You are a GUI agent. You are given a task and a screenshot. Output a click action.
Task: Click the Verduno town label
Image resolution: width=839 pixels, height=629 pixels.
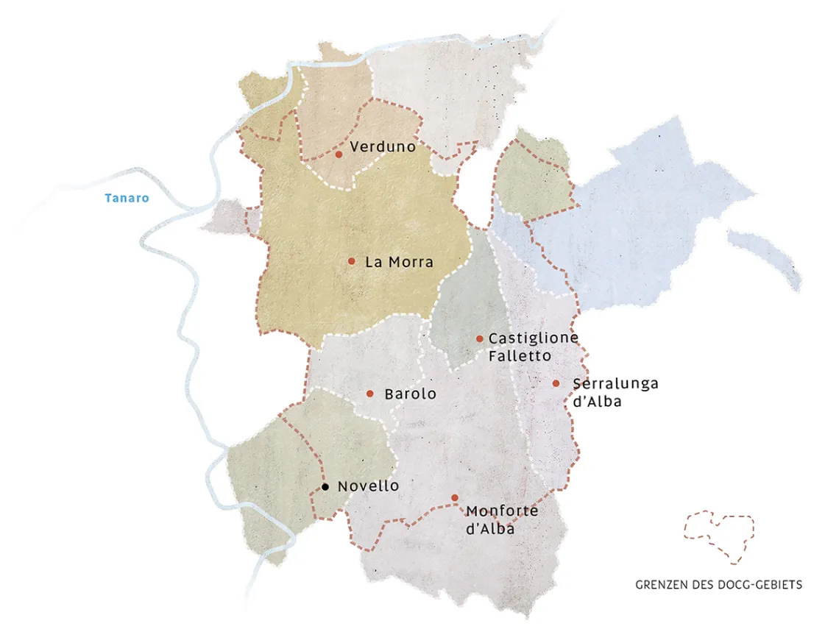click(383, 147)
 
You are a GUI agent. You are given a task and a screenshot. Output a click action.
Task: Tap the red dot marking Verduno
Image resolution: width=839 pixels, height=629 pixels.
click(339, 154)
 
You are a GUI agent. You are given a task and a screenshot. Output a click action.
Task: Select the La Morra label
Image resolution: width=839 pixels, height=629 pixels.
click(399, 262)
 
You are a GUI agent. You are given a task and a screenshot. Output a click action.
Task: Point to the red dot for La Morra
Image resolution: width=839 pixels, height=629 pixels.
click(352, 261)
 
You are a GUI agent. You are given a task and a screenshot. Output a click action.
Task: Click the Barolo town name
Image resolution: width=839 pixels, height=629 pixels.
click(410, 394)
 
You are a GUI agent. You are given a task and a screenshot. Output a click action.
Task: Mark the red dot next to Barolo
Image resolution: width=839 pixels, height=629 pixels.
click(370, 394)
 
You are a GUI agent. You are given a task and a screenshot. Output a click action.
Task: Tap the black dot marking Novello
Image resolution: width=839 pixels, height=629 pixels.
click(325, 486)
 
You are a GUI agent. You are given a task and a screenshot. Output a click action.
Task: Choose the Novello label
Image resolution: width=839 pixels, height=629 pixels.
click(368, 486)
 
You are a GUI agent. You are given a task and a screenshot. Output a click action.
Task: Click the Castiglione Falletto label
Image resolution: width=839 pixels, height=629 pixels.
click(533, 347)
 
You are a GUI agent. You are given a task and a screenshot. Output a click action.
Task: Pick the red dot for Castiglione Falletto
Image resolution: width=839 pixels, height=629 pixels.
click(480, 338)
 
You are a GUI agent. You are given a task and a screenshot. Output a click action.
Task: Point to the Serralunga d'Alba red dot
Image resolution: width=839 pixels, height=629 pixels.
click(556, 383)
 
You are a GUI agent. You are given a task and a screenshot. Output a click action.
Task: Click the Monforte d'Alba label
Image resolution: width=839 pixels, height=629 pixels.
click(502, 519)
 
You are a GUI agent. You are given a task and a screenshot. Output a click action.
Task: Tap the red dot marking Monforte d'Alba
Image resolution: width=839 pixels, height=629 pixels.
click(455, 498)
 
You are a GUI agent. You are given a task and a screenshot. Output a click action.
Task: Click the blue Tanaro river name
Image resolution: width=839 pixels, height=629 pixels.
click(127, 198)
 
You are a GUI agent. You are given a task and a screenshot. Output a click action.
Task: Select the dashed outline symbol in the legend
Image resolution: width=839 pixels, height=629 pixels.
click(719, 535)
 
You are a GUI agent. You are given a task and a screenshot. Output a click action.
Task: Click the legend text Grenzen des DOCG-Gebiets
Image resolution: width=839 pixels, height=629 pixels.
click(718, 585)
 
